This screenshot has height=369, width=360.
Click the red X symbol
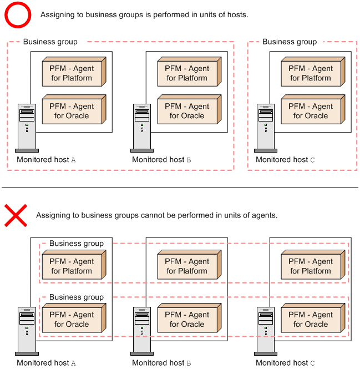point(16,215)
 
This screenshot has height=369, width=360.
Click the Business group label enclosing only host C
point(290,42)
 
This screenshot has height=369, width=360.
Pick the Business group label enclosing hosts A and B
point(50,42)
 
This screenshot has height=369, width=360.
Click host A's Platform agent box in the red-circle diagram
point(74,72)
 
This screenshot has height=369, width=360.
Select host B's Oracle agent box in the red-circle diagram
point(189,109)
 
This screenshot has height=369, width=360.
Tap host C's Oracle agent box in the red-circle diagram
point(313,109)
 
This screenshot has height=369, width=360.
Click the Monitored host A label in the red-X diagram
point(46,363)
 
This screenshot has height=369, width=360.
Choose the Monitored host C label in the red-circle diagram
point(285,160)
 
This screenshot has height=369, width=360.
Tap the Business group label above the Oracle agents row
point(77,297)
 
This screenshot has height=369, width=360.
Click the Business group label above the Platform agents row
point(77,244)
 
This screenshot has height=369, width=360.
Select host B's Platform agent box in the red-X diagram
point(189,265)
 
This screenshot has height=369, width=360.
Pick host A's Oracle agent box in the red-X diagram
point(74,318)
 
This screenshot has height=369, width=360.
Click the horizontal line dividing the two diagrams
point(180,188)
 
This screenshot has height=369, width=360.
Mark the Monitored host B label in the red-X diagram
point(161,363)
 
